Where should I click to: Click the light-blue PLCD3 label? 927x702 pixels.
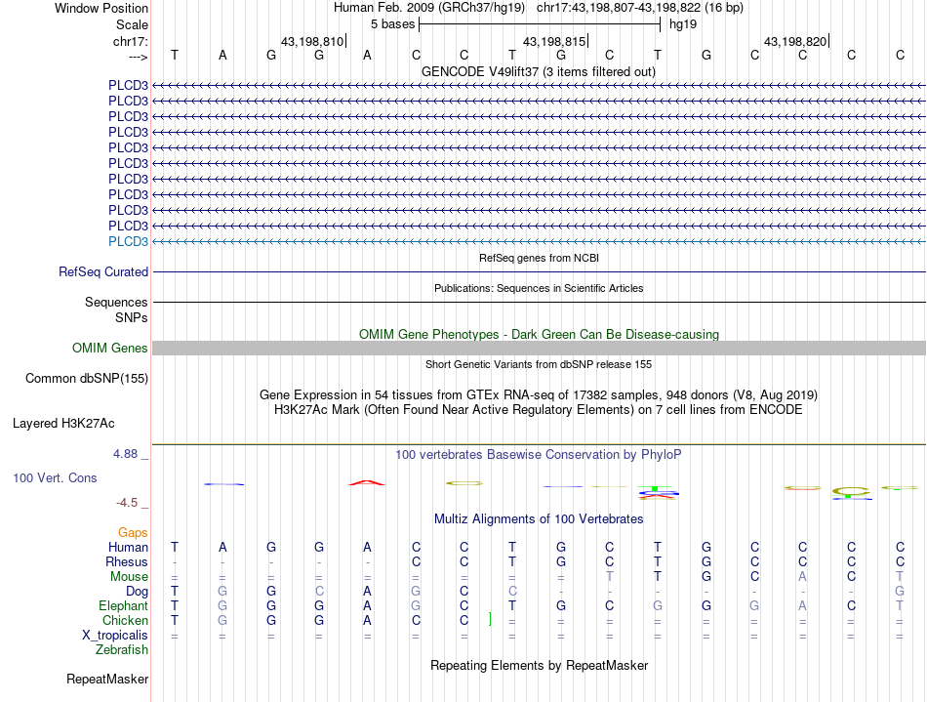click(128, 241)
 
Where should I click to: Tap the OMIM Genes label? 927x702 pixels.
click(110, 349)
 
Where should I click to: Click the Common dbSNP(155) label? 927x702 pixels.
click(87, 378)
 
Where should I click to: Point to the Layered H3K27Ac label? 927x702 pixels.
click(63, 424)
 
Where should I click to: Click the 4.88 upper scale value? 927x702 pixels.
click(128, 454)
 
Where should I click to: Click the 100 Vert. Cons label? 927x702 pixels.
click(55, 478)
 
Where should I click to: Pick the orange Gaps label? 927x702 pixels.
click(134, 532)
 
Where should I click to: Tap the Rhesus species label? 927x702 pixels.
click(127, 562)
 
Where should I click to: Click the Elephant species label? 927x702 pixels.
click(124, 606)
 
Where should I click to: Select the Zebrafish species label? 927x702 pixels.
click(122, 649)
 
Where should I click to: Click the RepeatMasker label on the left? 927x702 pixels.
click(107, 679)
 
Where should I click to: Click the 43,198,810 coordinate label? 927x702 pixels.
click(311, 42)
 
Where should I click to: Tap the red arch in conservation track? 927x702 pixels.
click(367, 482)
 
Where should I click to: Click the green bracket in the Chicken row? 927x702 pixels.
click(489, 620)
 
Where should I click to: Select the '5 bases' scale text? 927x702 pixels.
click(392, 23)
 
